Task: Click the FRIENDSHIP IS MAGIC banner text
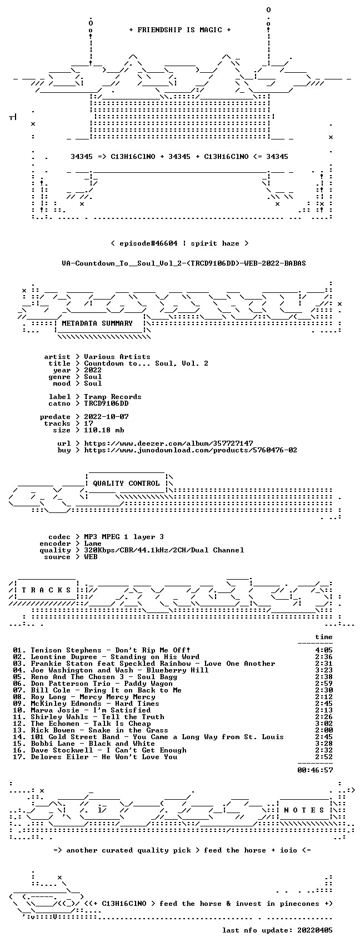(180, 30)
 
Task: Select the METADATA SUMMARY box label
(97, 323)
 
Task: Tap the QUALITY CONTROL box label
(126, 483)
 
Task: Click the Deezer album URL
(168, 443)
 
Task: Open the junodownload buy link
(191, 450)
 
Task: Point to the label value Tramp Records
(113, 397)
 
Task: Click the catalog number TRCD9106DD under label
(106, 403)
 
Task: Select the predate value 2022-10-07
(106, 416)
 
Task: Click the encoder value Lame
(93, 544)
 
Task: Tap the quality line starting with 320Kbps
(164, 550)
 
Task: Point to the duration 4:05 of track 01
(324, 650)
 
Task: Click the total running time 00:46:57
(315, 770)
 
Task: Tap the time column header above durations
(324, 637)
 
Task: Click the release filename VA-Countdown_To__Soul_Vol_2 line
(184, 263)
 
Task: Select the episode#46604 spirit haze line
(179, 243)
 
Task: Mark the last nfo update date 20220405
(315, 930)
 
